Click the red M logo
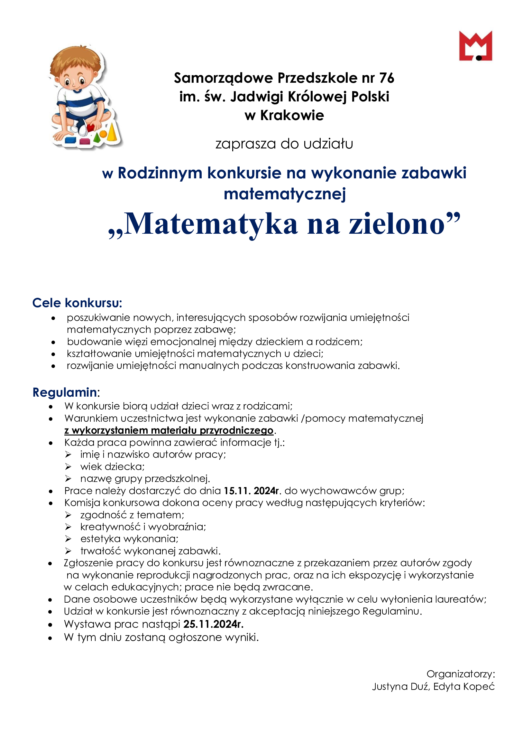[x=475, y=46]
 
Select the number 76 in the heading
[x=387, y=78]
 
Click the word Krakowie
[x=292, y=116]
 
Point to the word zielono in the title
[x=397, y=224]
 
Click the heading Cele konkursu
[x=77, y=303]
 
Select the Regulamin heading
[x=65, y=392]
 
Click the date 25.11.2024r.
[x=213, y=624]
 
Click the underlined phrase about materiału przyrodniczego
[x=169, y=430]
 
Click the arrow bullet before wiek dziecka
[x=68, y=466]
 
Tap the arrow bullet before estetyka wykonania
[x=68, y=539]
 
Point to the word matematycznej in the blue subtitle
[x=285, y=194]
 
